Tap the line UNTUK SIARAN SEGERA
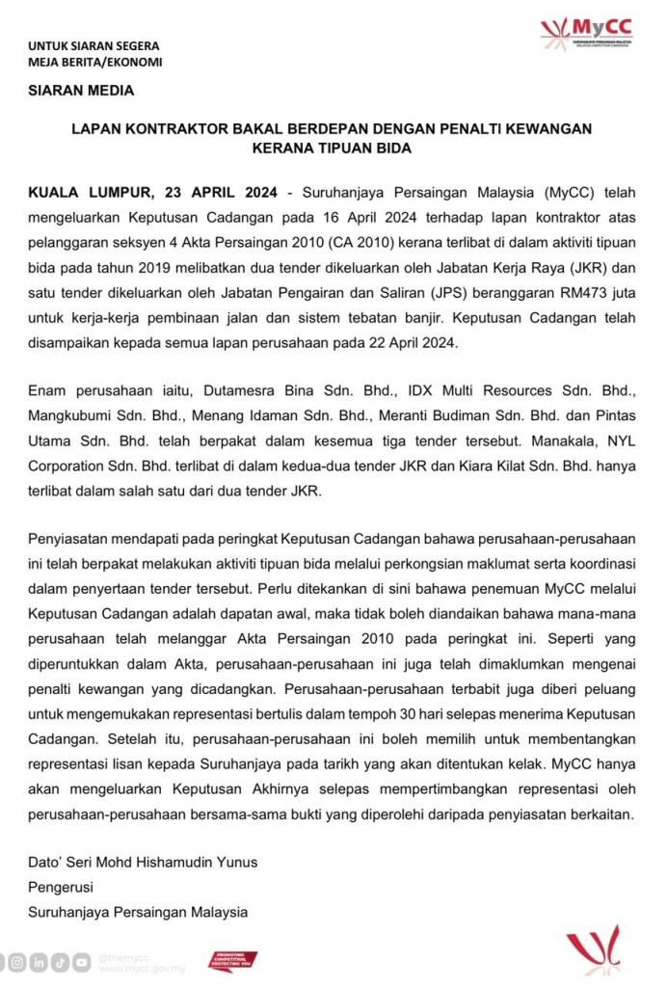click(93, 45)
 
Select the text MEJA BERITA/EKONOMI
click(94, 62)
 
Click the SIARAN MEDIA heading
click(81, 92)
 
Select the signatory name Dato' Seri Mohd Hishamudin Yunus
click(144, 862)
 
